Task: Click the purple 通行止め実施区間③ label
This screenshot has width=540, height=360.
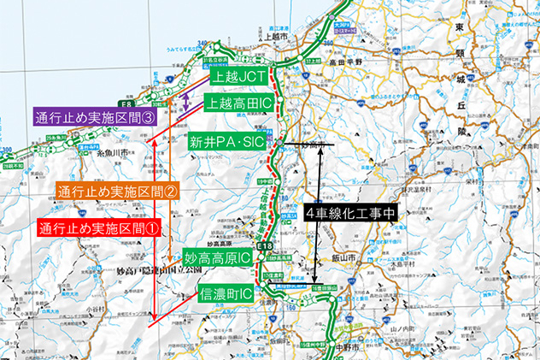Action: [96, 117]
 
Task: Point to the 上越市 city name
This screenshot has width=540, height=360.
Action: [276, 38]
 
